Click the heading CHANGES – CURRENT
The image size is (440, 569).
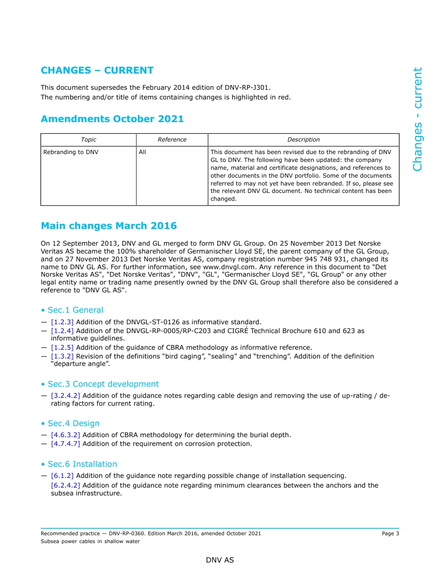pyautogui.click(x=97, y=70)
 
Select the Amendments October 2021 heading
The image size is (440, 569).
pyautogui.click(x=112, y=119)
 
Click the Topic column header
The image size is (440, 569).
pyautogui.click(x=88, y=140)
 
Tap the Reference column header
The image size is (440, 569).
pyautogui.click(x=172, y=140)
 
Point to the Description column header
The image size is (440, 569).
pyautogui.click(x=303, y=140)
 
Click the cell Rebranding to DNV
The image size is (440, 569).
pyautogui.click(x=71, y=152)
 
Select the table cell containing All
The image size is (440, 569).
pyautogui.click(x=142, y=152)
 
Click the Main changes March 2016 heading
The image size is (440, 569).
pyautogui.click(x=108, y=226)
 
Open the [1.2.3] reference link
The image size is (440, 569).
pyautogui.click(x=62, y=322)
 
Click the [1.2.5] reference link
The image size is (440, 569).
pyautogui.click(x=62, y=347)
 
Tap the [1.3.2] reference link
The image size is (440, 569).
pyautogui.click(x=62, y=356)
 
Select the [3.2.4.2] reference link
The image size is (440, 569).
pyautogui.click(x=65, y=396)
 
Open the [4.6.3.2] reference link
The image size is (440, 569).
pyautogui.click(x=65, y=435)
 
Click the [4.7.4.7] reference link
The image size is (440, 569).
pyautogui.click(x=65, y=444)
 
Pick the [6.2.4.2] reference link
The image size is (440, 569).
pyautogui.click(x=65, y=485)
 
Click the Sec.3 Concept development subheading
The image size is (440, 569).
pyautogui.click(x=103, y=384)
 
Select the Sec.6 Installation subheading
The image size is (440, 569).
pyautogui.click(x=82, y=464)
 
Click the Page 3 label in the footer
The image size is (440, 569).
pyautogui.click(x=390, y=533)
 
